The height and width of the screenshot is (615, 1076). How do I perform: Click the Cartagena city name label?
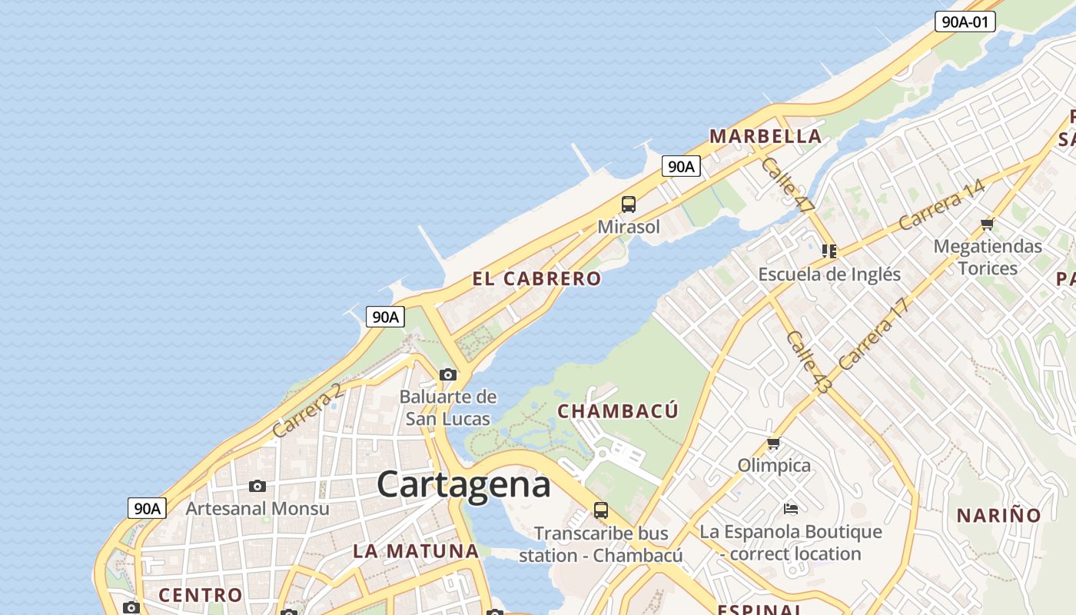pos(463,484)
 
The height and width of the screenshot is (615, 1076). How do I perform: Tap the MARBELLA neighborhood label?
pos(765,137)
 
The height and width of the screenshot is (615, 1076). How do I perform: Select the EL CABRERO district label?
pos(536,279)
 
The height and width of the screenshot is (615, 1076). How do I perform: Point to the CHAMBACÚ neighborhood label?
pos(618,411)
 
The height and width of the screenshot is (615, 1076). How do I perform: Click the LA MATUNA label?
pos(416,551)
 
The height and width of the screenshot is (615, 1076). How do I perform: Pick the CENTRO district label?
pos(201,595)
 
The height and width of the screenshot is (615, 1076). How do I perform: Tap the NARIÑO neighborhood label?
pos(998,516)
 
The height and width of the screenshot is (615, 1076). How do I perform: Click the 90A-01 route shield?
pos(965,22)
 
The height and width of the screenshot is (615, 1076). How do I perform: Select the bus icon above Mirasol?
pos(629,204)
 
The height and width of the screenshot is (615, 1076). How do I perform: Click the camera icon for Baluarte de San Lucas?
pos(448,375)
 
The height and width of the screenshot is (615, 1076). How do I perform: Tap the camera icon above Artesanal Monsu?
pos(257,486)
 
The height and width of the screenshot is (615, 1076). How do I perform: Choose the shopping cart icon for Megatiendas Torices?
pos(988,224)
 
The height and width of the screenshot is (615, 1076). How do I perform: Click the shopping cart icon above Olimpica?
pos(774,444)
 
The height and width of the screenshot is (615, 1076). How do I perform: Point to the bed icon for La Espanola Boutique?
pos(791,508)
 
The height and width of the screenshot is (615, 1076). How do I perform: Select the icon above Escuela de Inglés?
pos(829,251)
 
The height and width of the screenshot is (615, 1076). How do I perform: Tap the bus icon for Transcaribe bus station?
pos(601,510)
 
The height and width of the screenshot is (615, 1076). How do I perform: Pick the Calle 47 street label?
pos(787,185)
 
